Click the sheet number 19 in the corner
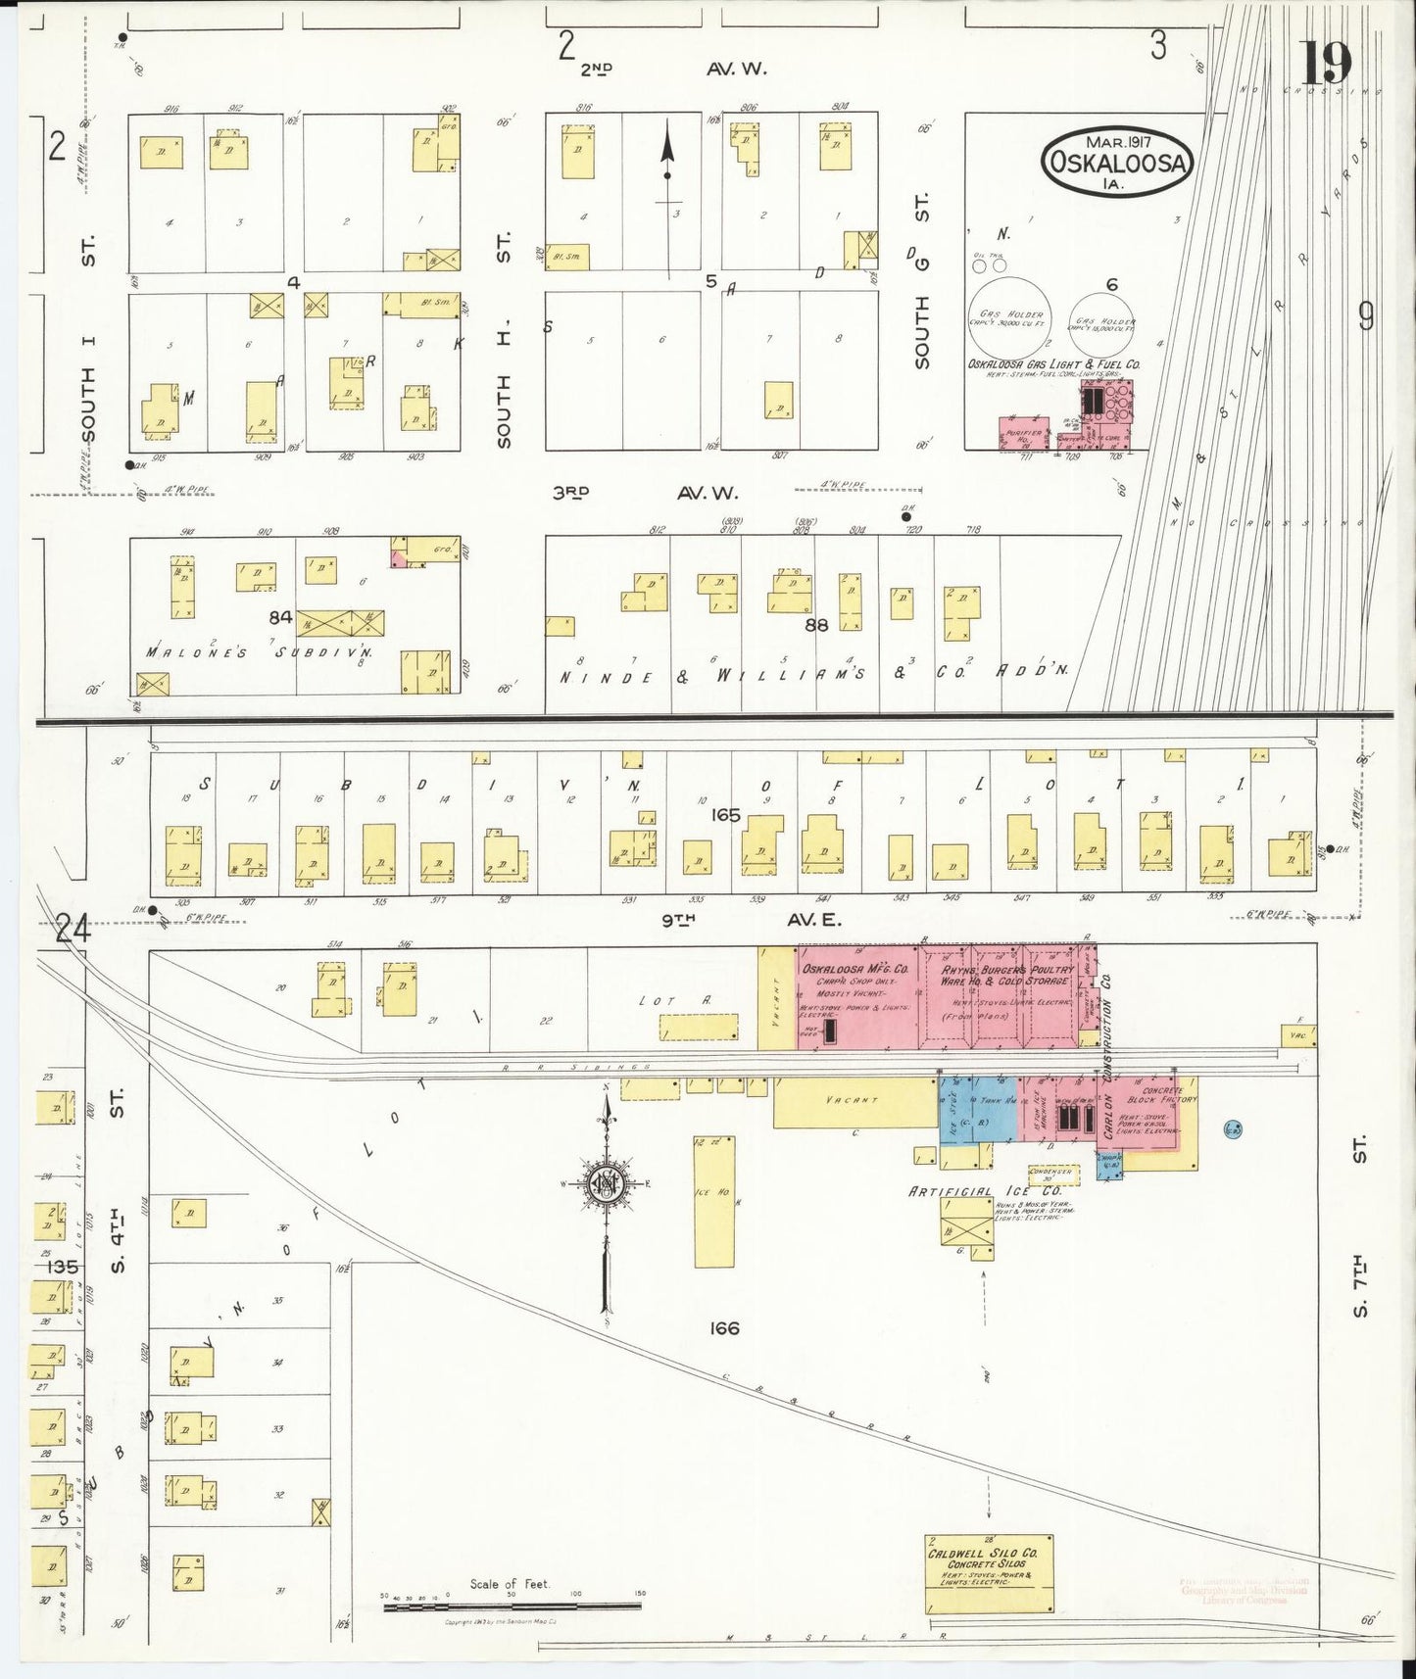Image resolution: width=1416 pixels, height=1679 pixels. (1327, 64)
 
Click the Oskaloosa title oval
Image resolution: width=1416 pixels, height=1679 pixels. (1117, 158)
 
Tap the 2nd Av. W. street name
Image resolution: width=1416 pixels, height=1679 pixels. (672, 69)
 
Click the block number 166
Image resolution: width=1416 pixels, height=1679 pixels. (725, 1328)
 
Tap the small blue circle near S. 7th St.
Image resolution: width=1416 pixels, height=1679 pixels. (1233, 1129)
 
